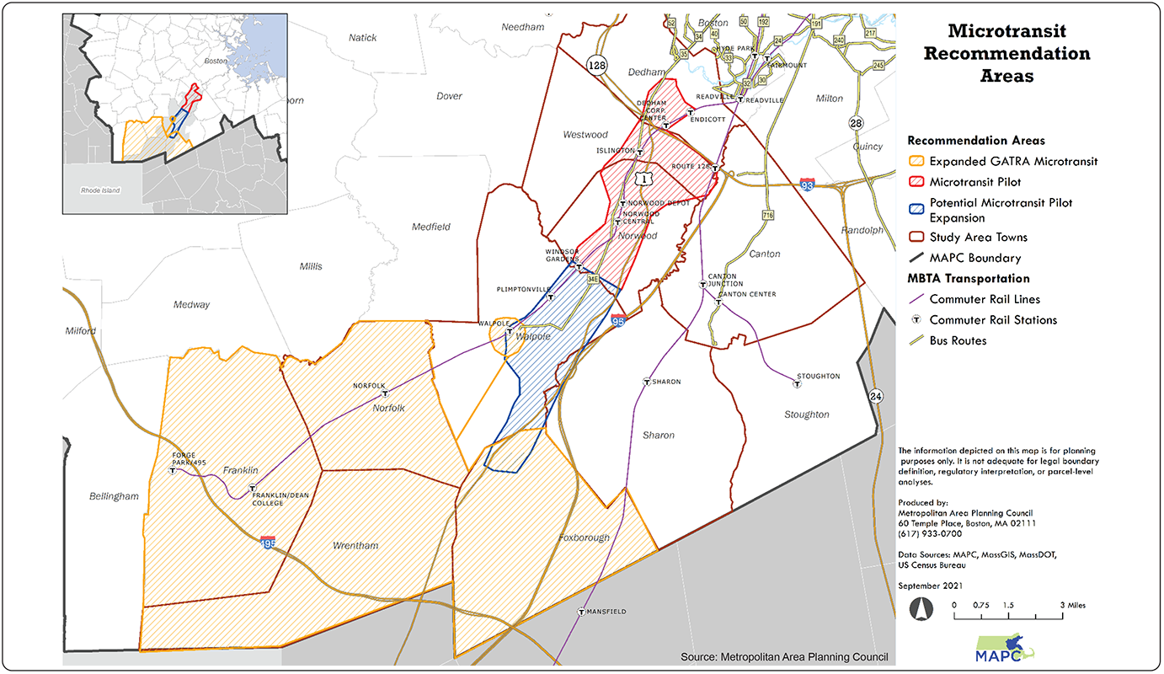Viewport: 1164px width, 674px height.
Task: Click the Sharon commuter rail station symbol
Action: (x=646, y=382)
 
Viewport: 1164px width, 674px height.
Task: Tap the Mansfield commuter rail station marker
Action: (x=581, y=612)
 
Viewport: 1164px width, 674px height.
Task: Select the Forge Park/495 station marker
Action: (x=173, y=471)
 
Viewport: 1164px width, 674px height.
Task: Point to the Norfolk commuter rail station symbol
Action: (x=385, y=393)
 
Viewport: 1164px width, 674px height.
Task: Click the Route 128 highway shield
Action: (x=597, y=65)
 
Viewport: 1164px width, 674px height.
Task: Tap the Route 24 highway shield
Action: (x=878, y=395)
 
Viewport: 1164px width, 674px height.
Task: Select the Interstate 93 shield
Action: (x=807, y=183)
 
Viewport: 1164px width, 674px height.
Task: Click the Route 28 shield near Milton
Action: (x=857, y=123)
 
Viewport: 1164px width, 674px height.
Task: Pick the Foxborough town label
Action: (x=583, y=538)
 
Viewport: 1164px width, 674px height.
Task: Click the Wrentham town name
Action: (x=355, y=545)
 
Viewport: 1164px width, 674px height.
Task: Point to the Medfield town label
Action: (x=431, y=227)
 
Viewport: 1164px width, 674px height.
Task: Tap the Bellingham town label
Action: (x=114, y=496)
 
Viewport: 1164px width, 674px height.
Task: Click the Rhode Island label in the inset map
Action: (x=100, y=190)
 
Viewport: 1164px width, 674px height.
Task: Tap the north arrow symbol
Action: (x=921, y=608)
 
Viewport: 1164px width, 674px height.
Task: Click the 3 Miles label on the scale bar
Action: (x=1072, y=605)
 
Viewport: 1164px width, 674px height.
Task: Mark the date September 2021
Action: (x=931, y=586)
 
